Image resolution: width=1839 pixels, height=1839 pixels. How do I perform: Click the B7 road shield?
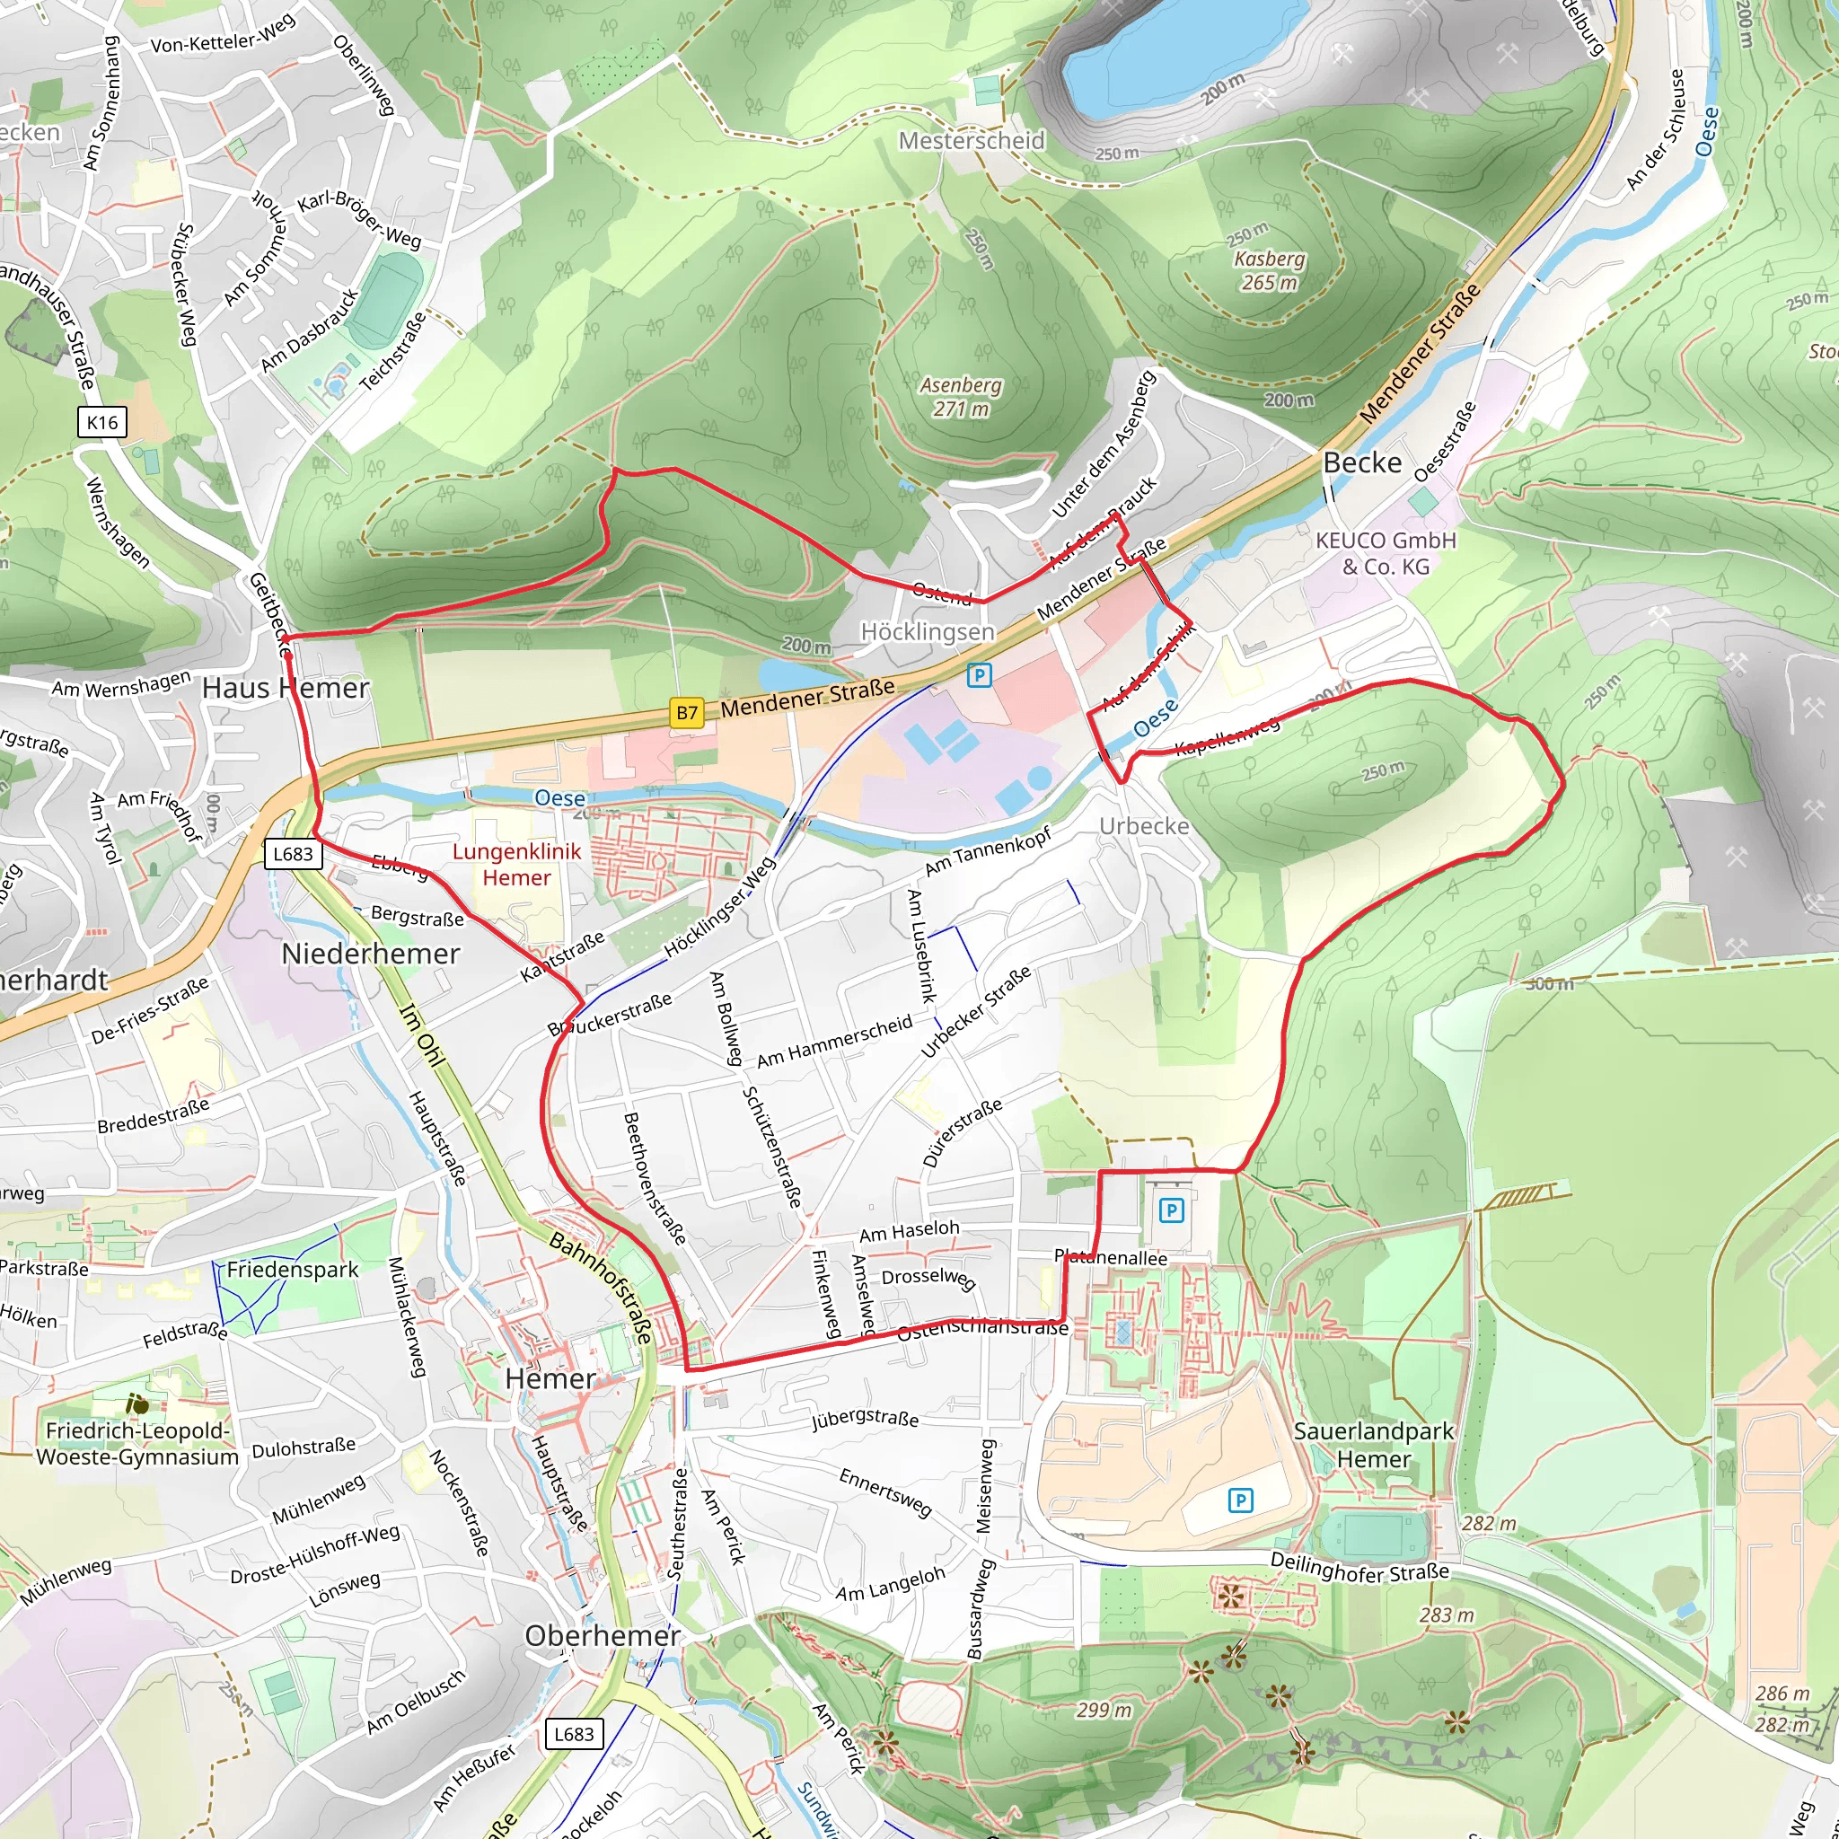(686, 712)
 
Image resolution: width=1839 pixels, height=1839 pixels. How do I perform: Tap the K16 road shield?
(101, 423)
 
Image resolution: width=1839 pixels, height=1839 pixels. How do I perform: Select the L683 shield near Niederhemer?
(292, 854)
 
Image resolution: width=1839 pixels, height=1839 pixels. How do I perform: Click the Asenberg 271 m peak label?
(961, 397)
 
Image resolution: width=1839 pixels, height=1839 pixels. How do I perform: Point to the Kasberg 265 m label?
(1269, 270)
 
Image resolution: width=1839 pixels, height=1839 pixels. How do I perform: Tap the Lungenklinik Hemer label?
(516, 865)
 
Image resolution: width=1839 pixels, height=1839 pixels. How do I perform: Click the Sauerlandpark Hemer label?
(1373, 1445)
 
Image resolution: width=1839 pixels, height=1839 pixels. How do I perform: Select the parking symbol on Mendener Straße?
(979, 676)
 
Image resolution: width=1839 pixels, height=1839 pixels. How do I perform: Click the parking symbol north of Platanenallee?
(1171, 1210)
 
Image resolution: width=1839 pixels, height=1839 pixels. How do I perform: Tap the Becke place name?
(1362, 462)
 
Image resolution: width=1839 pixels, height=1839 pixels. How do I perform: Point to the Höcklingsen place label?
(927, 632)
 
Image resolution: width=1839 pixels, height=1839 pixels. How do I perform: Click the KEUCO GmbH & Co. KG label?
(1385, 553)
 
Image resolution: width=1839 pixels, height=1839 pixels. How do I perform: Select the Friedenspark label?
(292, 1270)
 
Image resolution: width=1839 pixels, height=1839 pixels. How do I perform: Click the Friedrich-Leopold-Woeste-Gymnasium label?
(137, 1444)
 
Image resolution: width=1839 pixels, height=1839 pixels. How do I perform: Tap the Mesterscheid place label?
(971, 141)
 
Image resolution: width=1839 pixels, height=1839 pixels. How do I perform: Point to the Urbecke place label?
(1143, 826)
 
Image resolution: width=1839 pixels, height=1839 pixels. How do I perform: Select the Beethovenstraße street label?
(654, 1178)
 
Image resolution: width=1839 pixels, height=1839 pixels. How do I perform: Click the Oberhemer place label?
(603, 1636)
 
